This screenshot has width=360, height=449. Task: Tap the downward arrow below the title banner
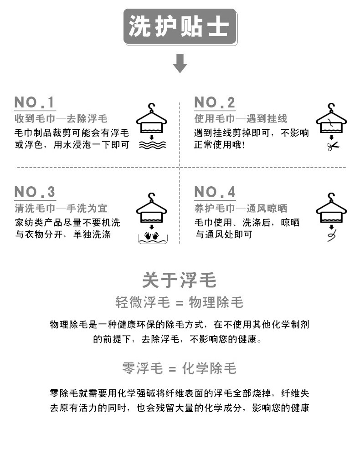[x=180, y=63]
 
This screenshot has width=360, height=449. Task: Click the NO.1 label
[x=35, y=102]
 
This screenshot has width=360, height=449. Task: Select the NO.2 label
[x=215, y=102]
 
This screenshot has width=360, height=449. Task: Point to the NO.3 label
[x=35, y=192]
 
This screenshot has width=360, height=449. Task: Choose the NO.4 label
[x=215, y=192]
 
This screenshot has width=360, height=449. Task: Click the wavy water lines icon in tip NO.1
[x=152, y=145]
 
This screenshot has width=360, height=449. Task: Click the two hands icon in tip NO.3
[x=151, y=235]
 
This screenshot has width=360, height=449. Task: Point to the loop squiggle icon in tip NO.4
[x=331, y=235]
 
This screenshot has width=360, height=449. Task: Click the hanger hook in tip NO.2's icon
[x=331, y=107]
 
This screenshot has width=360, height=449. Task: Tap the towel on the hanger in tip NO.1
[x=152, y=125]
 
